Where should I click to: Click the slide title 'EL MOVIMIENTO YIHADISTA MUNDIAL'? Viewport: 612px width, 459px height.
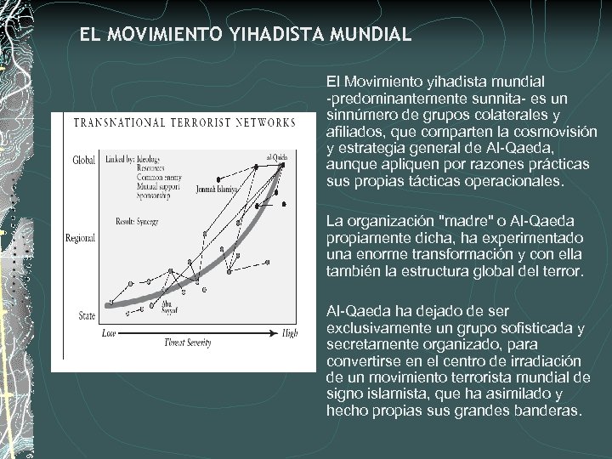click(x=246, y=35)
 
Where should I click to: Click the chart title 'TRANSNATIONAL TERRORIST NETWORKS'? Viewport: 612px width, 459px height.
click(x=184, y=122)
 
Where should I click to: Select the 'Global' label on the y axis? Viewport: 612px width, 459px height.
click(x=83, y=160)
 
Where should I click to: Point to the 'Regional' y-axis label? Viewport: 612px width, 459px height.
click(x=80, y=238)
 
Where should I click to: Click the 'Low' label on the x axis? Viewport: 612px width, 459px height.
click(x=108, y=333)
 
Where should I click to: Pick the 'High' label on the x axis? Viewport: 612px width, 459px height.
click(x=290, y=333)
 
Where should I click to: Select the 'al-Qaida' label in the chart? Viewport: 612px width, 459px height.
click(x=276, y=157)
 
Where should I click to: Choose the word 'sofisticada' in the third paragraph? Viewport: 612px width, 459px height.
click(x=535, y=328)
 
